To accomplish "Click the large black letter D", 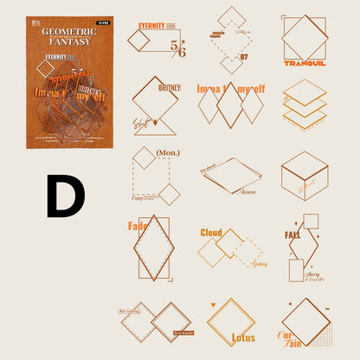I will (x=65, y=196).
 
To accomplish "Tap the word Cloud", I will (x=211, y=232).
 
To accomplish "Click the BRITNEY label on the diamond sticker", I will (x=169, y=87).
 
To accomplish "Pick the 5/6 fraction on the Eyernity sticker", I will (x=177, y=49).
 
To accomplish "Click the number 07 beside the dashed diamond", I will (x=243, y=58).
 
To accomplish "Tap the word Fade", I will (x=138, y=227).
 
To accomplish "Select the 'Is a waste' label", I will (x=183, y=332).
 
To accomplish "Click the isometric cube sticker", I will (x=304, y=175).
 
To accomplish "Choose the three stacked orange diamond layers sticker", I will (x=304, y=106).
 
